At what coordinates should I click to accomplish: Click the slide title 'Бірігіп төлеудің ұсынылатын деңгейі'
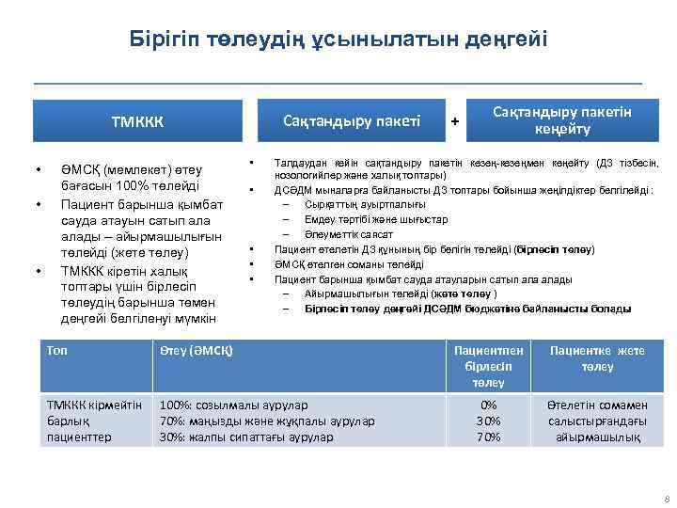(x=338, y=40)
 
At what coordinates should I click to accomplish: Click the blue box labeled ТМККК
(x=137, y=122)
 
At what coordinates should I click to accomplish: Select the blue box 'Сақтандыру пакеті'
(x=352, y=120)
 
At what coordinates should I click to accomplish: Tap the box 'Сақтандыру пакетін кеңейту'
(x=562, y=119)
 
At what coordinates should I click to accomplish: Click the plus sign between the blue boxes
(x=455, y=121)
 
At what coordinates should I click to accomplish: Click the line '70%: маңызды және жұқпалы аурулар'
(x=266, y=421)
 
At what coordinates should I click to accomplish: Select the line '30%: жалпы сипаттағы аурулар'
(x=246, y=437)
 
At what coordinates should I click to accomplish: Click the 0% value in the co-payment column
(x=489, y=405)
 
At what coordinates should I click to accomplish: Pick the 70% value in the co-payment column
(x=489, y=437)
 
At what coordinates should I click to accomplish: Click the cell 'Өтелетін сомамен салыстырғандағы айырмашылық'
(x=598, y=421)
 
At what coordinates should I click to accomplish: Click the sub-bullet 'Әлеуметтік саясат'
(x=349, y=234)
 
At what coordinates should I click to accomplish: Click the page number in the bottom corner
(x=665, y=499)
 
